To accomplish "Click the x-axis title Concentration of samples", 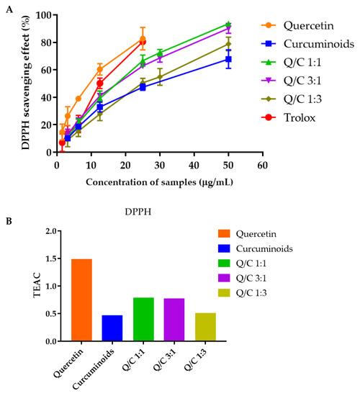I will coord(159,181).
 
